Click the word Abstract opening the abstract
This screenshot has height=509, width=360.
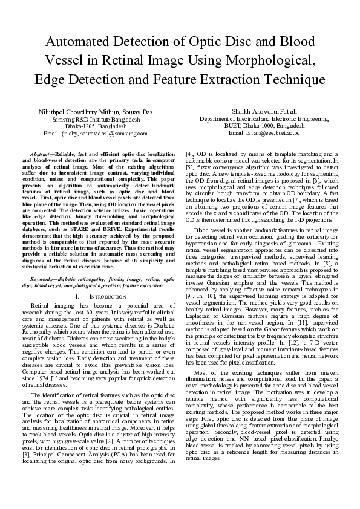(x=41, y=156)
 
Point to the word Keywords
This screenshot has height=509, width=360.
(x=43, y=280)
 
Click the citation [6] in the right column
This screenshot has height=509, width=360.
(x=308, y=180)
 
